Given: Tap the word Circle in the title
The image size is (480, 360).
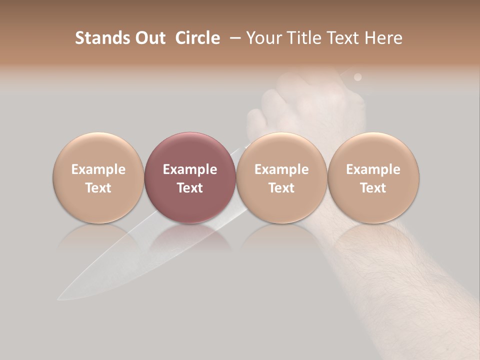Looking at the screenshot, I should (x=197, y=38).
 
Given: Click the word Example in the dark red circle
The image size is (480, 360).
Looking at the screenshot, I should (x=190, y=169).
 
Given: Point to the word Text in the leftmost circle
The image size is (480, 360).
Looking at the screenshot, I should (x=98, y=188).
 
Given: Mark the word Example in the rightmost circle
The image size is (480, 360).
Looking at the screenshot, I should (x=373, y=169).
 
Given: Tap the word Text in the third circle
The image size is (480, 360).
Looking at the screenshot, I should (x=281, y=188).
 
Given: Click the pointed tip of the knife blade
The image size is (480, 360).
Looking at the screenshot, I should (x=59, y=299).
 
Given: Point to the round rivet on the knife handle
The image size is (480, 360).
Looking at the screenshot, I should (x=357, y=77).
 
